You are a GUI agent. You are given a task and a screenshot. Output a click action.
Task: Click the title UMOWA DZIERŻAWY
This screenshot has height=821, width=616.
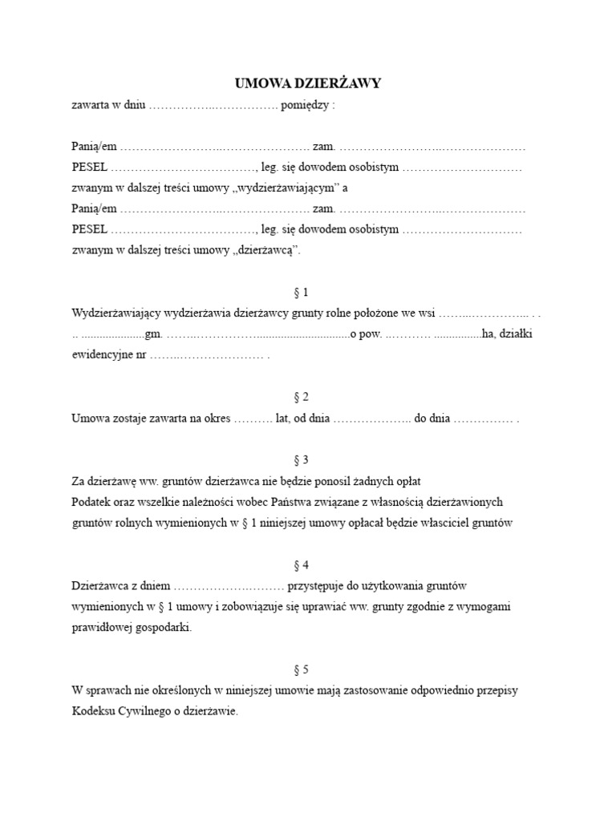pyautogui.click(x=308, y=83)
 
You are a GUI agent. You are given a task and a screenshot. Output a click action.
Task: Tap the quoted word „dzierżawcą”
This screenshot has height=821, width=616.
pyautogui.click(x=266, y=250)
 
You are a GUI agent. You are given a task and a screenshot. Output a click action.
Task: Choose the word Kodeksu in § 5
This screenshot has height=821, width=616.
pyautogui.click(x=92, y=711)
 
